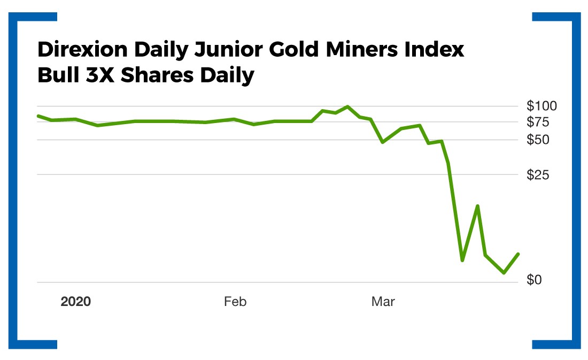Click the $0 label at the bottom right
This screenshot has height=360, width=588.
pos(537,280)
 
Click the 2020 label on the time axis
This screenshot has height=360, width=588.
pos(75,302)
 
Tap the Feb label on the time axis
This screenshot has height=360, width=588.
pos(235,302)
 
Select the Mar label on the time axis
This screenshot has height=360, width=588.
pos(383,302)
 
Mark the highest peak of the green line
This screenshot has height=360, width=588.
pos(347,106)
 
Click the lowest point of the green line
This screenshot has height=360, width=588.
pos(504,273)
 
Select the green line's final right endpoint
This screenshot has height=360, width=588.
pos(518,254)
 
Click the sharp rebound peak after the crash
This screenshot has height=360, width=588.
pos(477,205)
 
